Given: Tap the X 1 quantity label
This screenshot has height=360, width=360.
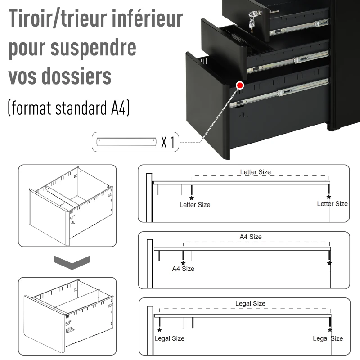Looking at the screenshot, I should pyautogui.click(x=167, y=143).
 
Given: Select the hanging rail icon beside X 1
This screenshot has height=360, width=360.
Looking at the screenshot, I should pyautogui.click(x=124, y=143).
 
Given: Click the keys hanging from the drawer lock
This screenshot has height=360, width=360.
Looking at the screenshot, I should pyautogui.click(x=251, y=25).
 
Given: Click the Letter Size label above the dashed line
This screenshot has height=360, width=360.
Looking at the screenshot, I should pyautogui.click(x=256, y=172).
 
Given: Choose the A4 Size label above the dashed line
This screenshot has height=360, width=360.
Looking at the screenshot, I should pyautogui.click(x=250, y=237).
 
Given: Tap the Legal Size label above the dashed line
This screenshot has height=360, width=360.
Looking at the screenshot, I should pyautogui.click(x=250, y=304).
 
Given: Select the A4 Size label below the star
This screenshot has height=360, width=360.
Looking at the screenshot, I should pyautogui.click(x=184, y=269).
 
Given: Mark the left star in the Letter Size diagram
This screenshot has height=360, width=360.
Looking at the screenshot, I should pyautogui.click(x=192, y=198).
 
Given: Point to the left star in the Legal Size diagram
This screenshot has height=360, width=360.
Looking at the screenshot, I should pyautogui.click(x=159, y=330).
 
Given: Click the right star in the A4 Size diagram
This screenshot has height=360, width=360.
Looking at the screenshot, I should pyautogui.click(x=329, y=263).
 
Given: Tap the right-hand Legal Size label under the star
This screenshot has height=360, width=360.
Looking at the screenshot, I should pyautogui.click(x=328, y=338).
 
